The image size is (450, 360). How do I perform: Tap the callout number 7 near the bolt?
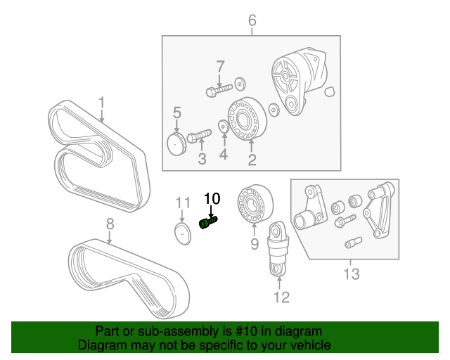tap(220, 67)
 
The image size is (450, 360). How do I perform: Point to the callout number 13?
tap(351, 273)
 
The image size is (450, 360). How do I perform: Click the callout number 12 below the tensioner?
tap(281, 297)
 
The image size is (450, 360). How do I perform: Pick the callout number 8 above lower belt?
tap(110, 224)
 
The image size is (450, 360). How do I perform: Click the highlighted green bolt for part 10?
tap(210, 224)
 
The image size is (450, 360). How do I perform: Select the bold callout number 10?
tap(212, 199)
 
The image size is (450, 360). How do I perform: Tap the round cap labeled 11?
tap(183, 234)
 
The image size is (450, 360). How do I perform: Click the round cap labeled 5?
tap(176, 143)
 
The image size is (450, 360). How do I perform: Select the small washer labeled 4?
tap(223, 127)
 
